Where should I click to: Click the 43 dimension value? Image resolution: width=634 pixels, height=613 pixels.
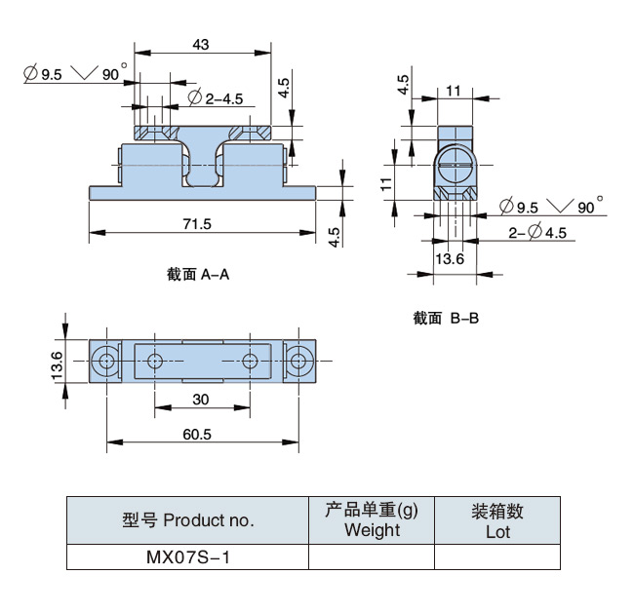click(201, 45)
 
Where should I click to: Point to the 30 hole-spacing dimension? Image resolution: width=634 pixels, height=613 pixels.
click(200, 400)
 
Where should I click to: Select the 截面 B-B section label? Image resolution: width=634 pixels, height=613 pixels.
click(445, 318)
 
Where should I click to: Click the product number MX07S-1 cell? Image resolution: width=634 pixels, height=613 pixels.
click(187, 558)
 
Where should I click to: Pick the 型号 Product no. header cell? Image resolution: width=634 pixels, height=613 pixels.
click(187, 520)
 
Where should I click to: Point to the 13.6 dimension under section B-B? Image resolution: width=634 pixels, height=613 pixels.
click(449, 258)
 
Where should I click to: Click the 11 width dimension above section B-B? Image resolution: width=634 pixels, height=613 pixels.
click(453, 91)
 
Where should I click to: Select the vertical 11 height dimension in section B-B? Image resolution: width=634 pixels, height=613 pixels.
click(386, 181)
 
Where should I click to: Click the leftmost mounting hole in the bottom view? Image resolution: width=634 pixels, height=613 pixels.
click(104, 362)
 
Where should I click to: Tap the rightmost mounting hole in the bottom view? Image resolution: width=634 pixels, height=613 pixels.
click(297, 362)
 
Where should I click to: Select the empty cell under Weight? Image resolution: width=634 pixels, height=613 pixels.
click(372, 558)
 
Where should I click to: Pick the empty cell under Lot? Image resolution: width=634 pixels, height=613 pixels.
click(497, 558)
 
